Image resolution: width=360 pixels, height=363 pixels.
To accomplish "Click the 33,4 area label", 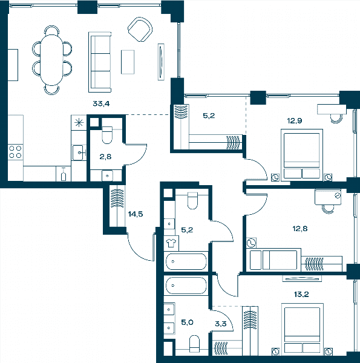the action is (101, 103).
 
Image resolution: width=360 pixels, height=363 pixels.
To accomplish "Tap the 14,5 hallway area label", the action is (136, 214).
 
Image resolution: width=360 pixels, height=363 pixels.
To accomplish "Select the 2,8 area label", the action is (105, 157).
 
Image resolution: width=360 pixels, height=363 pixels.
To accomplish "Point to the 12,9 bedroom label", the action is (295, 120).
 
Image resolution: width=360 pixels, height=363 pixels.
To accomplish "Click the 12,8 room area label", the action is (300, 229).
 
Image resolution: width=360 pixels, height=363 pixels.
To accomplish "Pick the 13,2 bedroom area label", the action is (301, 295).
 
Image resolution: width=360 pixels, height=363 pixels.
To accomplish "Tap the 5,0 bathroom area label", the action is (187, 322).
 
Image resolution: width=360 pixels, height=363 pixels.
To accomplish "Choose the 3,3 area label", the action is (221, 324).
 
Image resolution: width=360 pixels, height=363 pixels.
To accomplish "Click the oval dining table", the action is (52, 60).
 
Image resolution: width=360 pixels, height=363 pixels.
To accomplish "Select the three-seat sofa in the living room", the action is (100, 62).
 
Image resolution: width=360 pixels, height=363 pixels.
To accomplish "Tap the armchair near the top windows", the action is (140, 30).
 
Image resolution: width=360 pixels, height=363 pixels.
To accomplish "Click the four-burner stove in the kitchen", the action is (15, 152).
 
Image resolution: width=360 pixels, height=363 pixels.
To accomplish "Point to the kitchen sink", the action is (79, 152).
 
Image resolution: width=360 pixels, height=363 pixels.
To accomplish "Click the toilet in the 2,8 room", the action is (107, 135).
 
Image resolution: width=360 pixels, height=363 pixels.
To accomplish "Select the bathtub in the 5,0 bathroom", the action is (186, 286).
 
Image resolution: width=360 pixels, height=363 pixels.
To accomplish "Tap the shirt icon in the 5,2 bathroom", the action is (171, 243).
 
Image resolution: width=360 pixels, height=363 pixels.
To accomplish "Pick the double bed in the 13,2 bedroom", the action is (302, 329).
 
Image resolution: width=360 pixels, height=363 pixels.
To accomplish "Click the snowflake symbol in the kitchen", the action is (79, 122).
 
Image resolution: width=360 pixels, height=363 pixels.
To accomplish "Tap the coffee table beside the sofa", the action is (128, 62).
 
